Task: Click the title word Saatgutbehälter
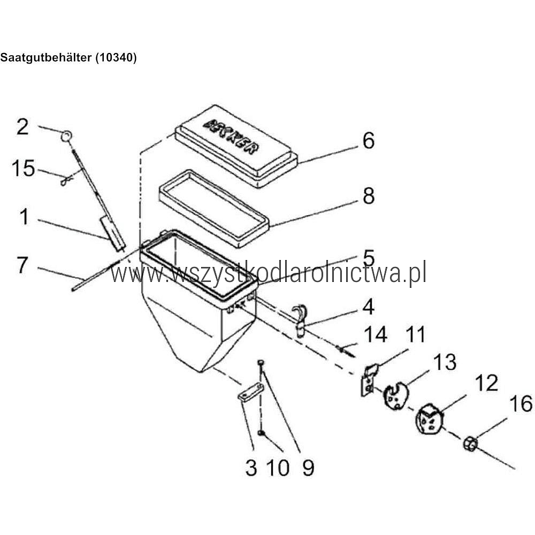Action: pos(46,58)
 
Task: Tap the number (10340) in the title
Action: pos(116,58)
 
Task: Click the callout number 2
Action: pos(22,127)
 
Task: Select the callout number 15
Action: pos(23,168)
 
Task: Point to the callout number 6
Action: pos(369,141)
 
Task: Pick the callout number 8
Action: pos(369,196)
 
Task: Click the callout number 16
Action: pos(521,403)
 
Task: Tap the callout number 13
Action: pos(445,362)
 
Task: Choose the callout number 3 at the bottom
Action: pos(251,468)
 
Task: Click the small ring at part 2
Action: pos(66,136)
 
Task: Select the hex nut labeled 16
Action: pos(470,443)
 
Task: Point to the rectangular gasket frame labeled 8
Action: pos(215,208)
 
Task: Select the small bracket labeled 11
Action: pos(369,380)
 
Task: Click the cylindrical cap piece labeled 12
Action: pos(429,419)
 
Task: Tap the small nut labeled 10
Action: pos(262,433)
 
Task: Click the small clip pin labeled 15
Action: pos(66,180)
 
